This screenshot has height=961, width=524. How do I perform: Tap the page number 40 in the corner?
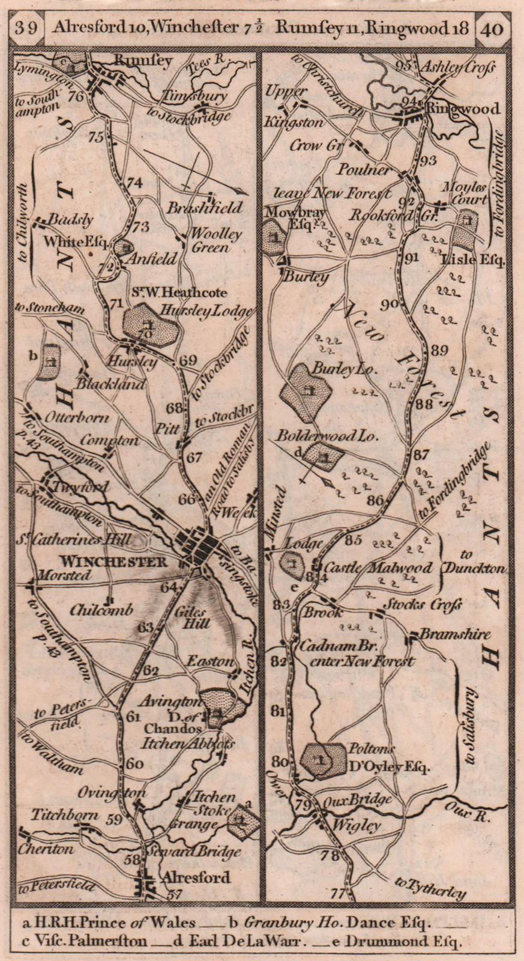492,28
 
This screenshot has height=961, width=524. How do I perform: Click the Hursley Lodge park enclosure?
150,326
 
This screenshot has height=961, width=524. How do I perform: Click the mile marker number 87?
422,455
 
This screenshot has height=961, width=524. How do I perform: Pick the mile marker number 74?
136,183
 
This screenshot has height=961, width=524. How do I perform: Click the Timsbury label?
197,96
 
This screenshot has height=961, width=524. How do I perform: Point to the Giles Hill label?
192,618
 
